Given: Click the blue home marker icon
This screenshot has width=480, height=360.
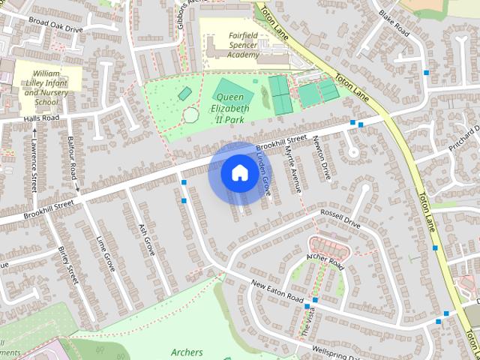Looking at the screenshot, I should click(x=238, y=173).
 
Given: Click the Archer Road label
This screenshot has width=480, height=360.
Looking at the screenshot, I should click(x=324, y=262).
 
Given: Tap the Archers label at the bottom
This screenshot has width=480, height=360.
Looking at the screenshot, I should click(x=186, y=352).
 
